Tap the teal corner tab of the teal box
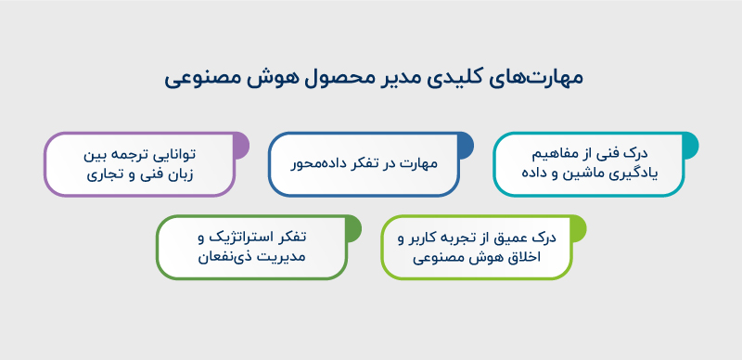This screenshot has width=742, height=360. point(689,144)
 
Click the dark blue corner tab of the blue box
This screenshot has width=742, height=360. point(465,144)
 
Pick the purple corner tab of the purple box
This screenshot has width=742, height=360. point(240,144)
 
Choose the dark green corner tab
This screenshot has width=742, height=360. point(352,226)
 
